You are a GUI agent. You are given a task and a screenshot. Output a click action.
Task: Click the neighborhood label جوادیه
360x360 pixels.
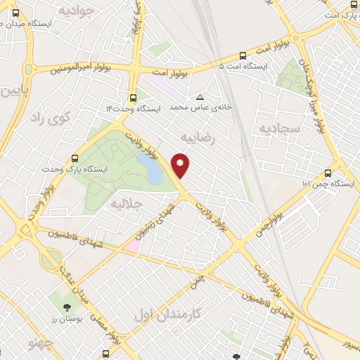point(75,11)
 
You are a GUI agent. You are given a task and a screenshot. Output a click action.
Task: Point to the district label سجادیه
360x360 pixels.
point(280,129)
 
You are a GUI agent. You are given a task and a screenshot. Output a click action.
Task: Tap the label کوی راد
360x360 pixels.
point(52,117)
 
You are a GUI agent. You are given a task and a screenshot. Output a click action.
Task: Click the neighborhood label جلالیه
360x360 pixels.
point(127,203)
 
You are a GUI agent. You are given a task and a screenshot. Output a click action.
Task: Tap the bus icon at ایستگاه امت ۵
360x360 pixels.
point(243,55)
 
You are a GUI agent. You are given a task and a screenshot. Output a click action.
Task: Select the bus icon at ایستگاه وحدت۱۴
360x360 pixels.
point(134,98)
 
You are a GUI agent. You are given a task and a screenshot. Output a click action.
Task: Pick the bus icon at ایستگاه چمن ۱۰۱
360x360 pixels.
point(328,172)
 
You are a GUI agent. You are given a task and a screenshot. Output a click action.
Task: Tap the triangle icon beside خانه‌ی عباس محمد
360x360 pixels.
point(201,97)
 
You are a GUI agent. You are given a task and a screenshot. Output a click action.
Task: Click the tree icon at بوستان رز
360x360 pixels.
point(67,307)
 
